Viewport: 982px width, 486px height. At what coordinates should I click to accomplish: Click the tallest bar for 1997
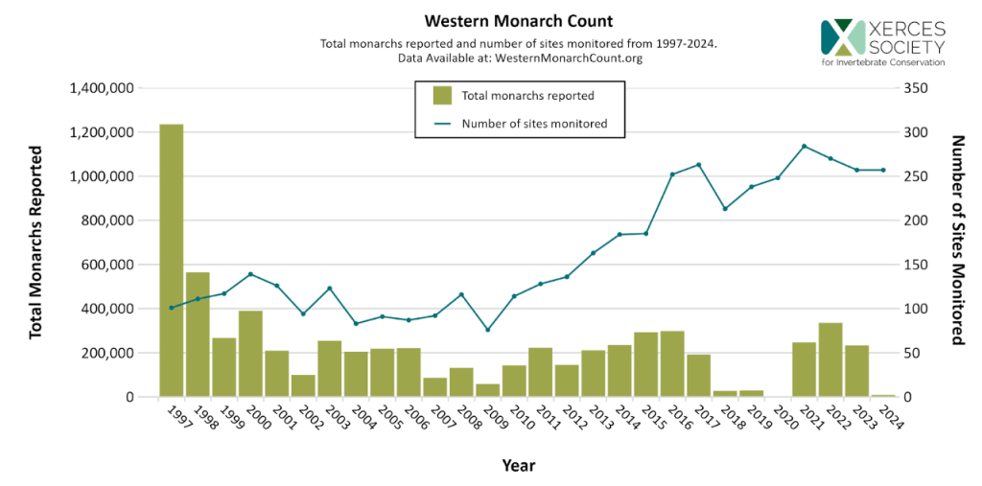(171, 260)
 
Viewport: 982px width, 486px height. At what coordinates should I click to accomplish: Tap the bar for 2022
(830, 359)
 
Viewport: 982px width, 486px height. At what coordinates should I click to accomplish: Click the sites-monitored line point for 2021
(804, 146)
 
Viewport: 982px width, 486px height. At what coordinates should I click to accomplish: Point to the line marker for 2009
(487, 330)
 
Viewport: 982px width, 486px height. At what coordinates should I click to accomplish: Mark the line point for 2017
(698, 165)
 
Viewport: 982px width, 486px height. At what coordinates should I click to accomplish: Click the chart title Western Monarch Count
(519, 21)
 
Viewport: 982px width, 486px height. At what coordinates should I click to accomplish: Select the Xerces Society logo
(882, 41)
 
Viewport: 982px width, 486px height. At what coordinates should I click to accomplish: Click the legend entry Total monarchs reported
(527, 95)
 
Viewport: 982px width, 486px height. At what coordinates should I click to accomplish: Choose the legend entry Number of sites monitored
(534, 124)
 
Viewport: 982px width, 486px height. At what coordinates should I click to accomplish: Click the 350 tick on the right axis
(917, 88)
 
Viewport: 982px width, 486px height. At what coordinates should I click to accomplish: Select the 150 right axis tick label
(917, 265)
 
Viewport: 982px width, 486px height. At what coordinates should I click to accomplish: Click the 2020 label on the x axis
(783, 418)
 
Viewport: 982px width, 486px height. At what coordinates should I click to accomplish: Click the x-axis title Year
(518, 466)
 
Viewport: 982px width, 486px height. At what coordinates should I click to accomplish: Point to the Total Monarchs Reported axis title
(36, 243)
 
